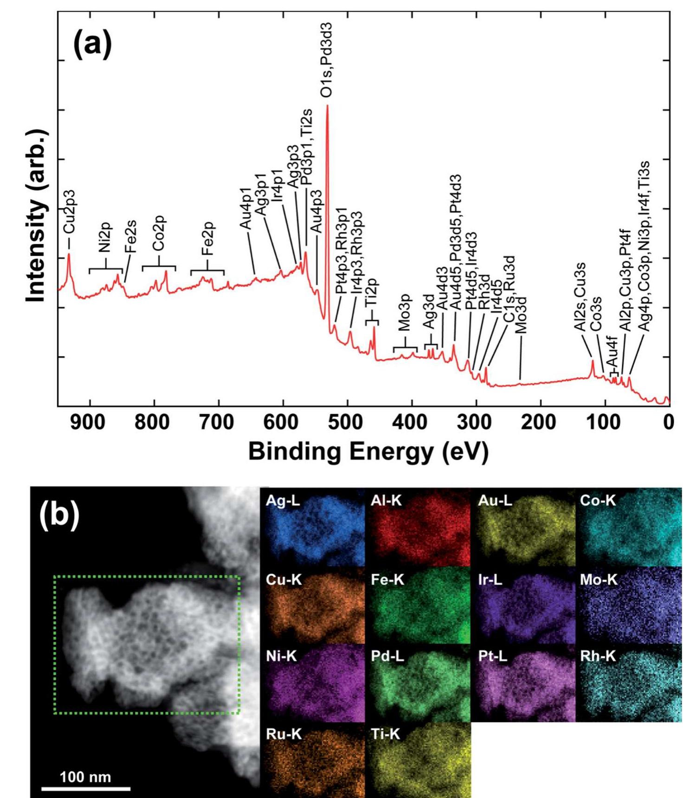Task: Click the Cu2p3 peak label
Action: (69, 211)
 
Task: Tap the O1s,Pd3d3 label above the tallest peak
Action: (327, 60)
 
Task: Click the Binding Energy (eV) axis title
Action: (368, 451)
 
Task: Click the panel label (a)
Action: (92, 45)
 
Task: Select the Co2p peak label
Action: (159, 233)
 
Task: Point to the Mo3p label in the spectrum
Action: (405, 312)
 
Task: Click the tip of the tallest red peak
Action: (328, 106)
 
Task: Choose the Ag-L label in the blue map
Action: (283, 501)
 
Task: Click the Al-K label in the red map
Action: (386, 501)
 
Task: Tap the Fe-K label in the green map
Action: (387, 579)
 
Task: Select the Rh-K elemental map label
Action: (598, 656)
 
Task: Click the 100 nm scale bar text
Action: (85, 777)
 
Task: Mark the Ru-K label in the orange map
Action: (284, 734)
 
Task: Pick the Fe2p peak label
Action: (207, 238)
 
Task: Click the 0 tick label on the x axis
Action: (668, 422)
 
